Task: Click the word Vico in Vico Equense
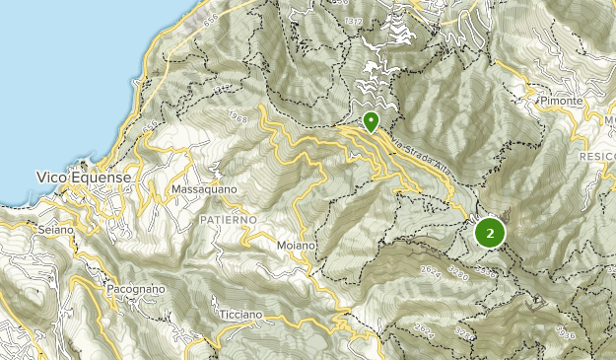coord(51,178)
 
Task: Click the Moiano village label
coord(296,244)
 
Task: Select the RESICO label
coord(595,157)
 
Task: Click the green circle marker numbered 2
coord(490,234)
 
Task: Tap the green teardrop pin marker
coord(371,121)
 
